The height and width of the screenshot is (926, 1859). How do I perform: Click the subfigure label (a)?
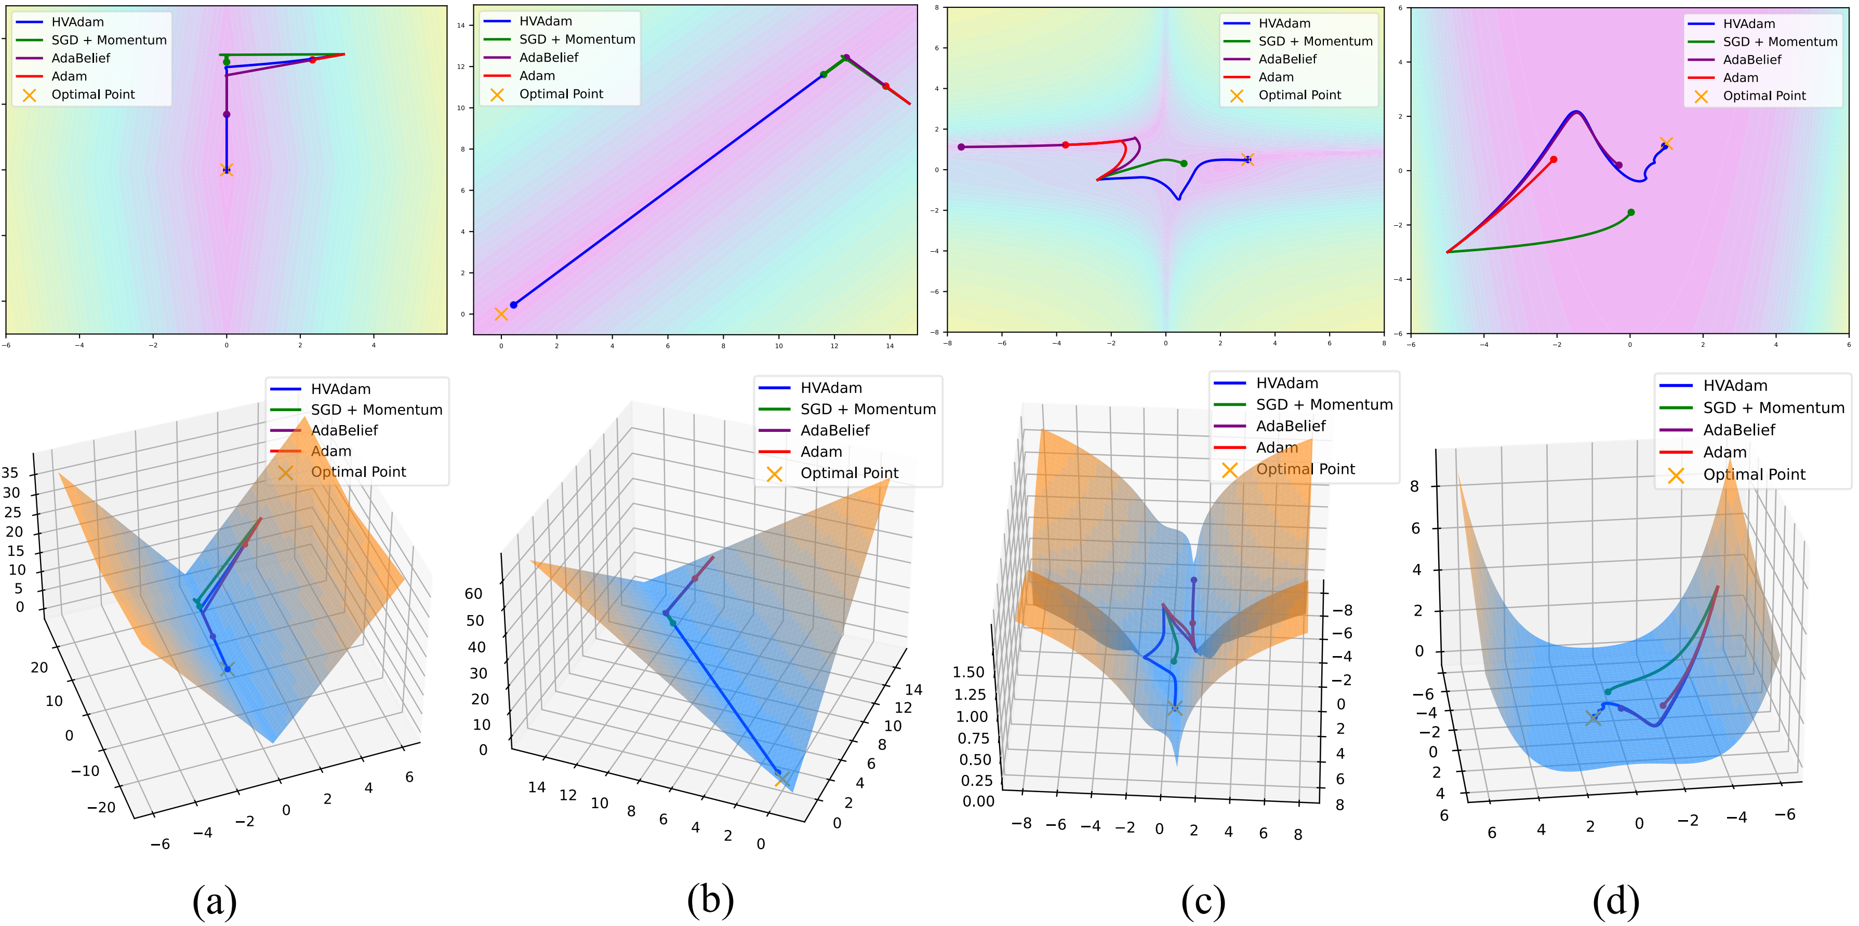click(215, 901)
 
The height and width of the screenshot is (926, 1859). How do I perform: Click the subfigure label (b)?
click(710, 900)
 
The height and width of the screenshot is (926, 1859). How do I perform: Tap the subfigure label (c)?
click(1203, 901)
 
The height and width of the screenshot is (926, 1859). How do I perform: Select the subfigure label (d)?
click(1616, 901)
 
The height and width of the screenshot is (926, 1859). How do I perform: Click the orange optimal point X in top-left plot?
click(227, 170)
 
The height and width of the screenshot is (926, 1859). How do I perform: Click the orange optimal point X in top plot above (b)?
click(501, 314)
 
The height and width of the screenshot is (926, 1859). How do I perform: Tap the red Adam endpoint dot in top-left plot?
click(312, 60)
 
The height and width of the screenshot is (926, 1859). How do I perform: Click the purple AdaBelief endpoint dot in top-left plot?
click(227, 114)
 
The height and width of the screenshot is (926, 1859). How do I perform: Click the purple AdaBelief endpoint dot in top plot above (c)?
click(961, 147)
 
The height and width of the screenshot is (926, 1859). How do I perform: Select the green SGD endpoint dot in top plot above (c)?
click(1184, 164)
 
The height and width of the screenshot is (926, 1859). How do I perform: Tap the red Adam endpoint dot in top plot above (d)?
click(1553, 159)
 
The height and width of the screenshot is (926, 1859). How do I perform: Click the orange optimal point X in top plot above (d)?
click(1666, 143)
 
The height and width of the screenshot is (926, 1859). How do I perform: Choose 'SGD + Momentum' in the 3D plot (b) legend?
click(868, 409)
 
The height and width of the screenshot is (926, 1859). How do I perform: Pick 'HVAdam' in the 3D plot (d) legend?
click(1735, 386)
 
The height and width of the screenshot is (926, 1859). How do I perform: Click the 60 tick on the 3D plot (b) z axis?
click(473, 593)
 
